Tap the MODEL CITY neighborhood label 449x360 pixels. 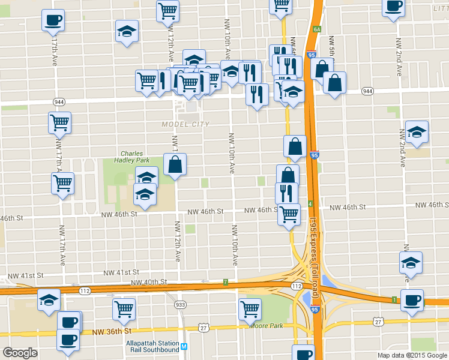point(185,124)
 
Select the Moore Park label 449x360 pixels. point(266,325)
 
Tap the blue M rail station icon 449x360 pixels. point(184,346)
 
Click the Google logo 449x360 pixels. point(20,353)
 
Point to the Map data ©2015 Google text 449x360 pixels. point(412,355)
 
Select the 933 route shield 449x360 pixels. point(180,305)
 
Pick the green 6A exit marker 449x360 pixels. point(317,28)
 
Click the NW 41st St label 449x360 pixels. point(123,273)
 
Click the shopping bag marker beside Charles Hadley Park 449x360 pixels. point(175,165)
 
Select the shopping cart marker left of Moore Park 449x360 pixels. point(250,310)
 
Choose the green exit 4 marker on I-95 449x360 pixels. point(310,204)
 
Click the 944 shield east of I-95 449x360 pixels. point(367,91)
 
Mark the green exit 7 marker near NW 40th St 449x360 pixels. point(225,281)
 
